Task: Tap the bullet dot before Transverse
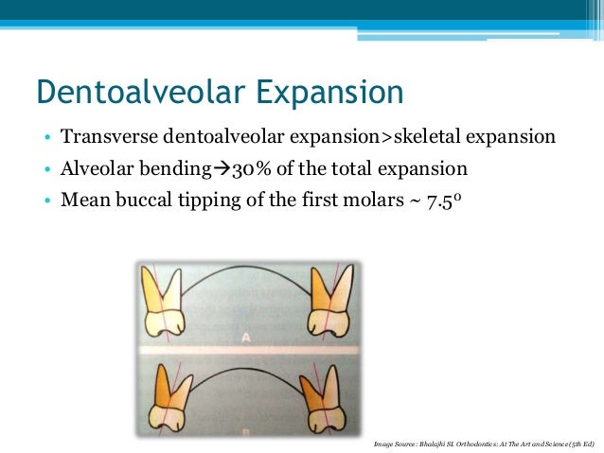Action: [46, 139]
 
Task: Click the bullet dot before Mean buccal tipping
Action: [46, 202]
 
